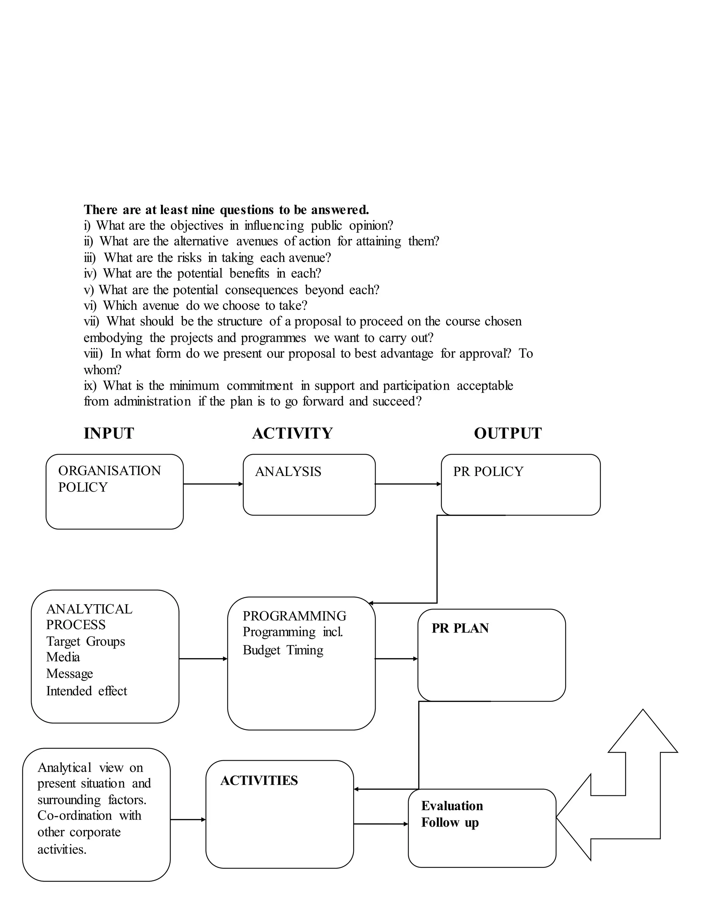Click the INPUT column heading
109,433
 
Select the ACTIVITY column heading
292,433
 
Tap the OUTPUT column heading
508,433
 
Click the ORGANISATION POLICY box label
109,479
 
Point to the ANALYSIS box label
288,471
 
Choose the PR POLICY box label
488,471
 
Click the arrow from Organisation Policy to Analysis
213,484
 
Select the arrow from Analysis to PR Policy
408,484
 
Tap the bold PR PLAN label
460,628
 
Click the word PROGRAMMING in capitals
295,616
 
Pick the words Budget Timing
283,650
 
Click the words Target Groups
86,642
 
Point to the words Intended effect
87,691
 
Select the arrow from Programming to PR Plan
396,659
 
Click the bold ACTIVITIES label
259,780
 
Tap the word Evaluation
452,806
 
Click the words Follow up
450,823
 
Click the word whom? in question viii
102,370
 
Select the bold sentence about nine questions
226,209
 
